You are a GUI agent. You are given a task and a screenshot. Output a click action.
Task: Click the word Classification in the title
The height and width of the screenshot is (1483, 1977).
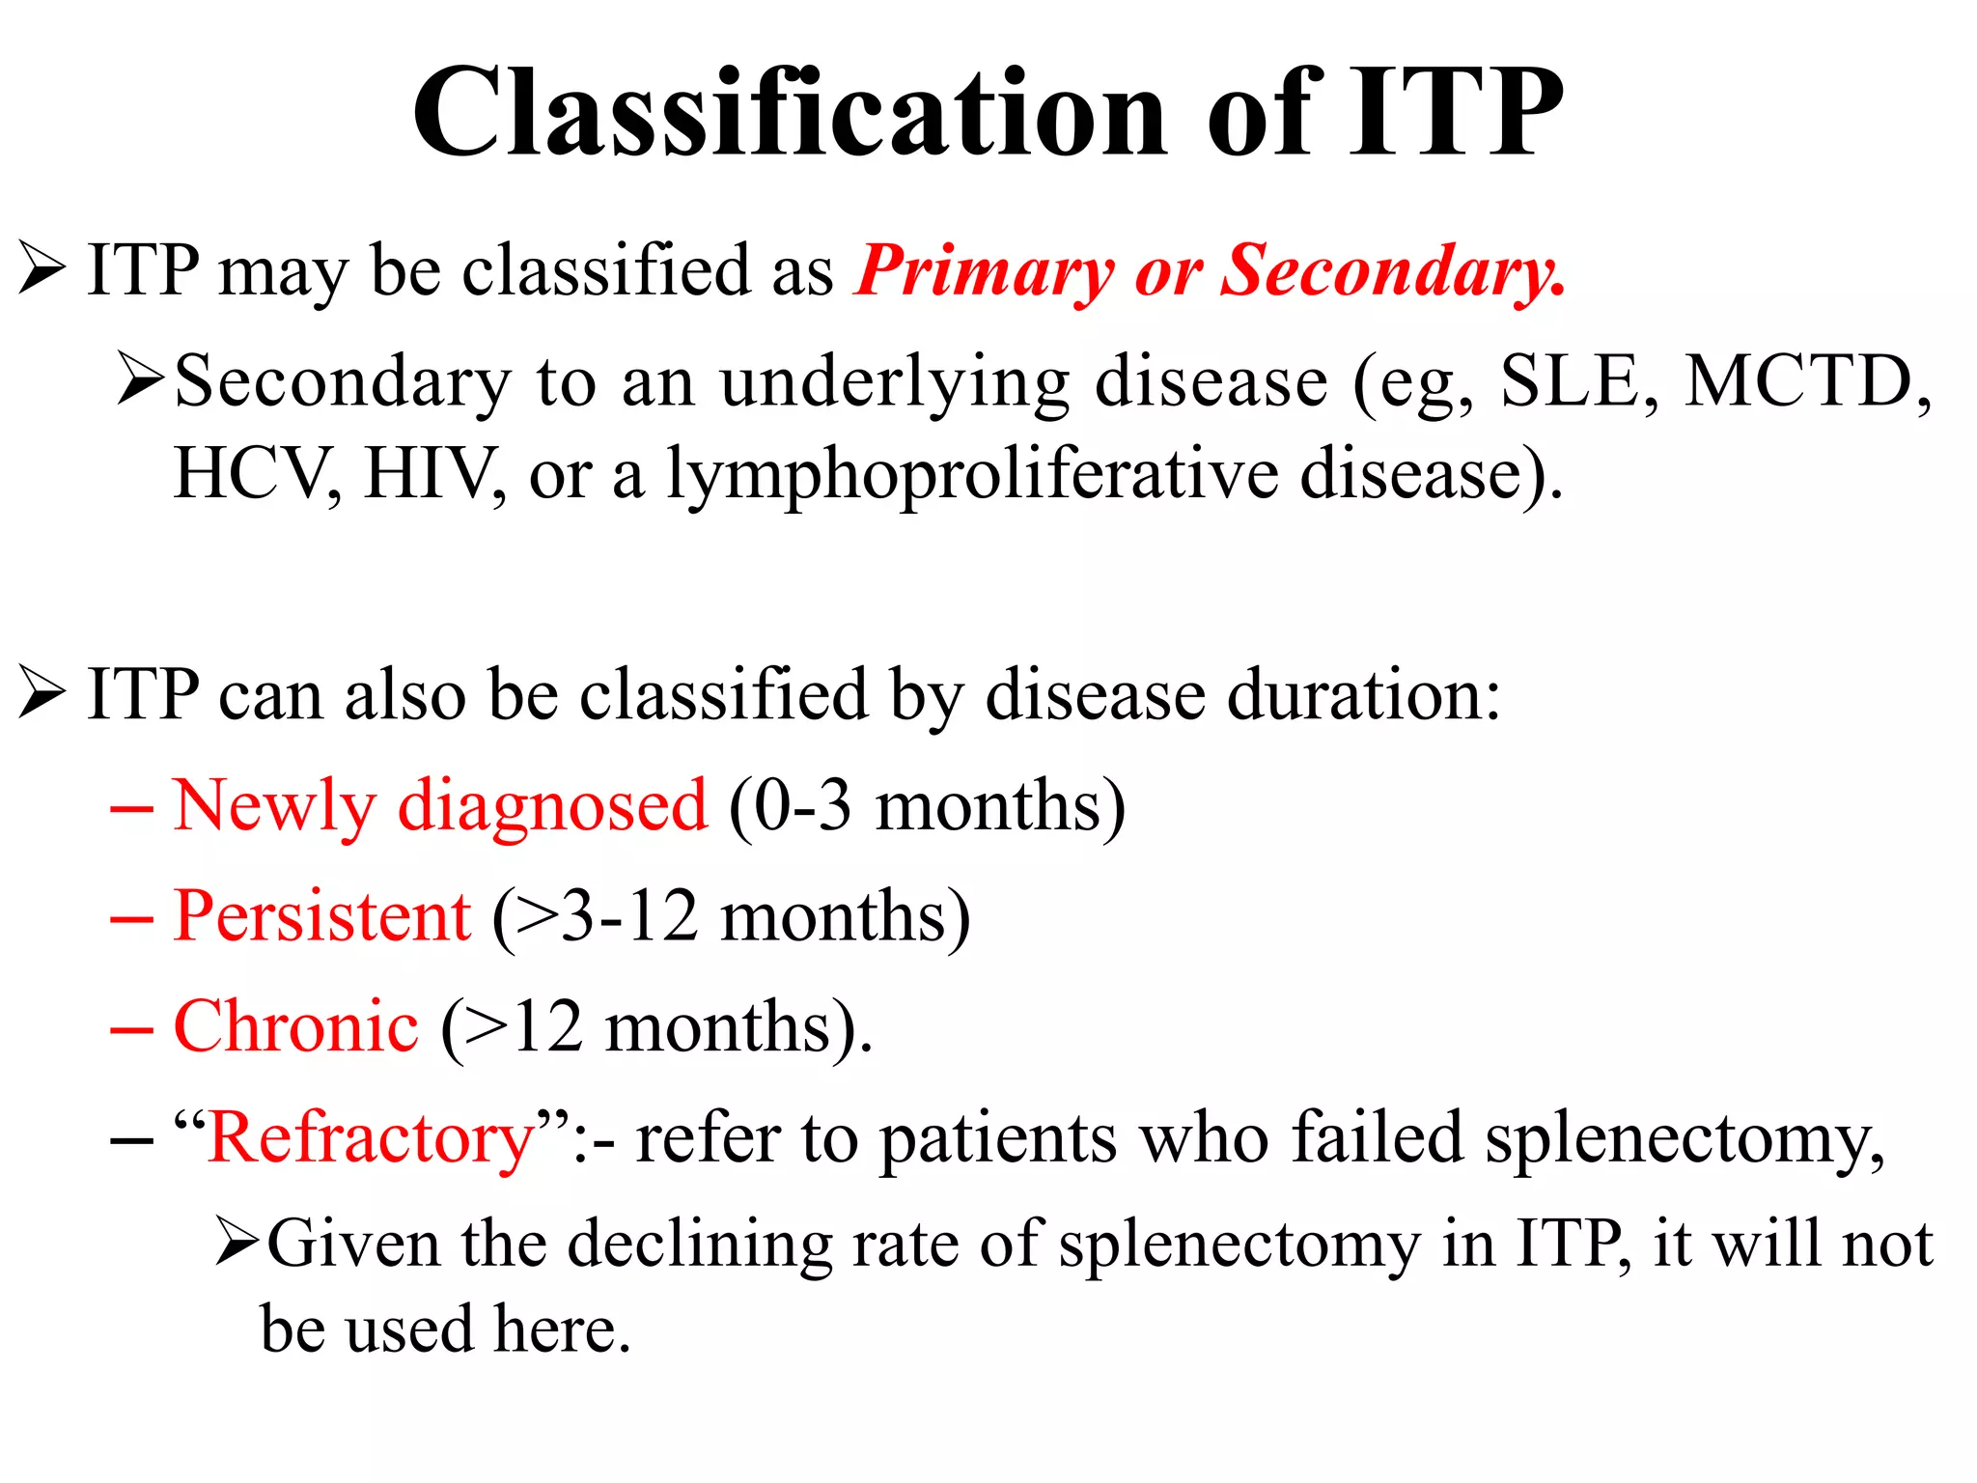pyautogui.click(x=790, y=114)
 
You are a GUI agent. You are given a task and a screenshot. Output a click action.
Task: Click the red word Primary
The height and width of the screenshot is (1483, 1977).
pyautogui.click(x=985, y=271)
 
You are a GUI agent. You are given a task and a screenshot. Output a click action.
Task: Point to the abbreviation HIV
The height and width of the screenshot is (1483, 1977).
pyautogui.click(x=427, y=474)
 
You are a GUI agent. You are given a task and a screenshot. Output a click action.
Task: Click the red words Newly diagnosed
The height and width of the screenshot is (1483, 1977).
pyautogui.click(x=440, y=806)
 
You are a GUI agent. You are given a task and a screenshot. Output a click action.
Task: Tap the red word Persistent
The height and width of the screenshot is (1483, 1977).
pyautogui.click(x=322, y=916)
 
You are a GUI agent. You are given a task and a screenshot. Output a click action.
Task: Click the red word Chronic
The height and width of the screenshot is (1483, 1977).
pyautogui.click(x=295, y=1026)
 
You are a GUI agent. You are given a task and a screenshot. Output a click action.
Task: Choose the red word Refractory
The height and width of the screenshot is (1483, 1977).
pyautogui.click(x=371, y=1138)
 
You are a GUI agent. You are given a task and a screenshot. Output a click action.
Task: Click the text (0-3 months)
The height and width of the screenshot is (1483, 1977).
pyautogui.click(x=927, y=806)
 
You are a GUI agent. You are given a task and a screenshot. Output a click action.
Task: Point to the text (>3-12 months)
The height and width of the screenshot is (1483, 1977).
pyautogui.click(x=731, y=916)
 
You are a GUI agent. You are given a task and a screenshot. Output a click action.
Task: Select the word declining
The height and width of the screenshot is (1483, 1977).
pyautogui.click(x=700, y=1245)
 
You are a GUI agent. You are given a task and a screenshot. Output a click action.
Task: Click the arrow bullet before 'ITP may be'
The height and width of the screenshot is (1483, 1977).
pyautogui.click(x=42, y=269)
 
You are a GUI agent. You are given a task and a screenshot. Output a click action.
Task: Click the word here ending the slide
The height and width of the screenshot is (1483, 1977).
pyautogui.click(x=561, y=1330)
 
